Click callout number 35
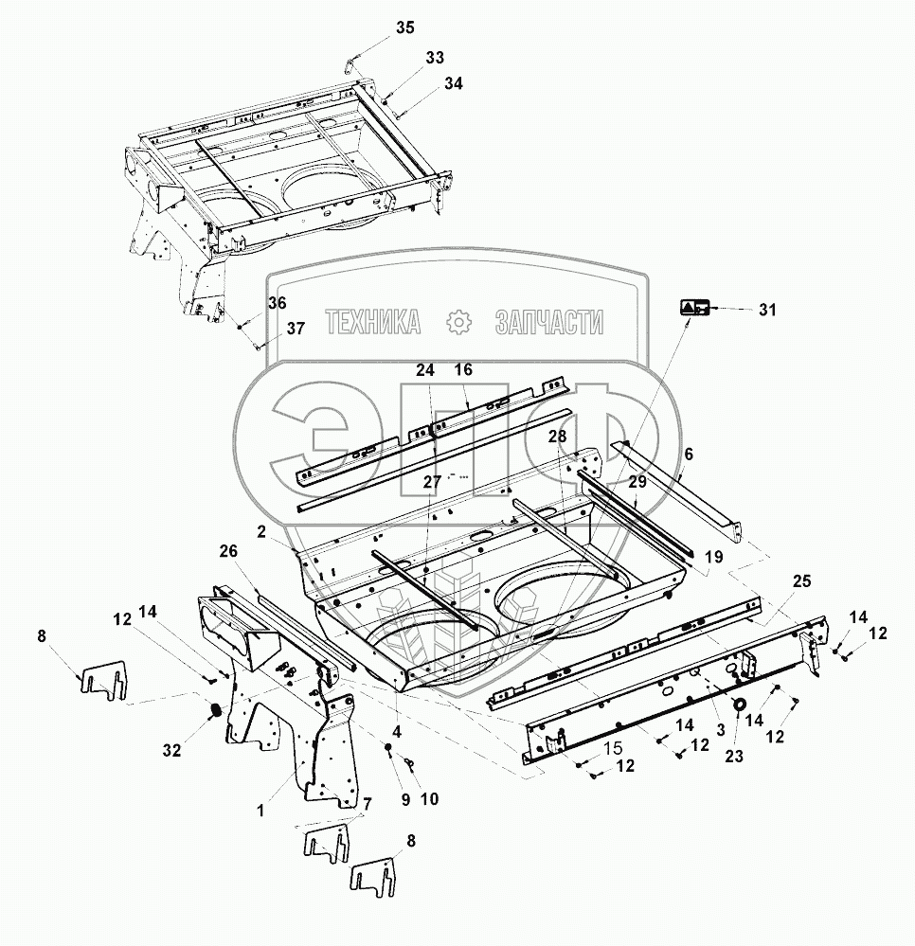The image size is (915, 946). coord(404,27)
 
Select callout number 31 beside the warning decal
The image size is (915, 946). coord(766,310)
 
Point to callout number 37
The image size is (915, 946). coord(296,329)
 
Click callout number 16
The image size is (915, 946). coord(463,369)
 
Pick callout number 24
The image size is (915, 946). coord(423,369)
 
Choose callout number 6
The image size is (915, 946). coord(688,455)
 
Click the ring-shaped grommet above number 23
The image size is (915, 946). coord(738,702)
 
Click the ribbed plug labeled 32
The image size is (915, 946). coord(215,710)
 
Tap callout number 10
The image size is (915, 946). coord(429,798)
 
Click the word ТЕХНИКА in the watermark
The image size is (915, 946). coord(372,324)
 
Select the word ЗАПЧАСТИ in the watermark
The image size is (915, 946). coord(548,324)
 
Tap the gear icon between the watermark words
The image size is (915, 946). coord(459,323)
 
